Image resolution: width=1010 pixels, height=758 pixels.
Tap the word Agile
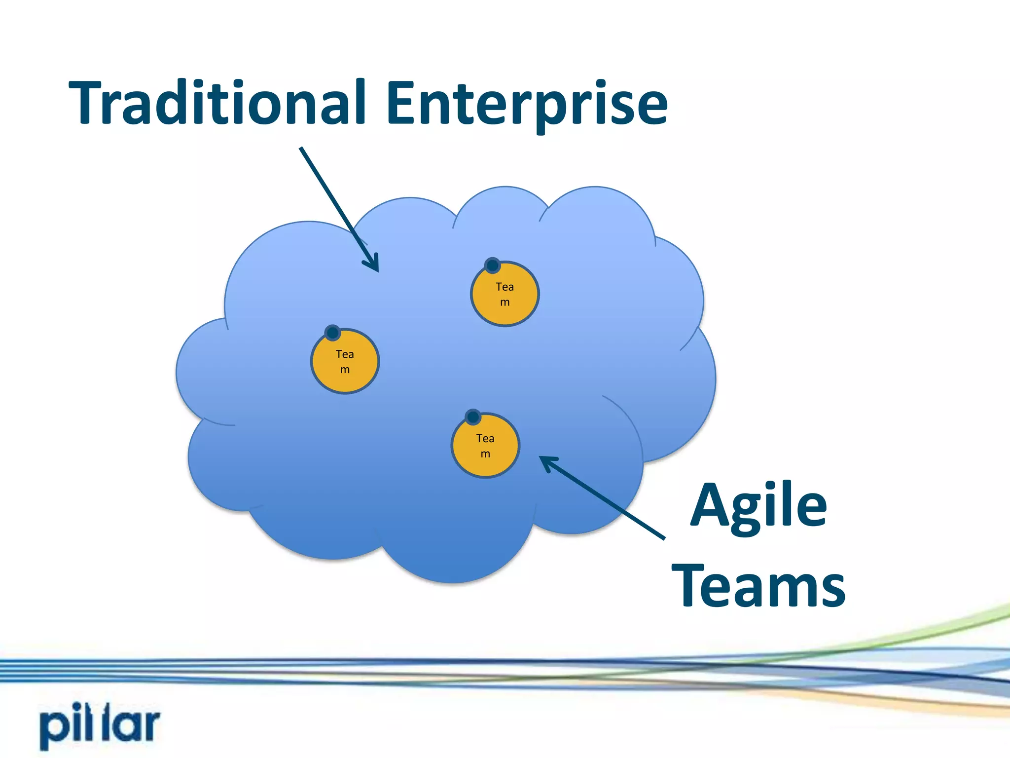pos(758,506)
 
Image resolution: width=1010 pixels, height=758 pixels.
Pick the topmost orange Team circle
pos(505,295)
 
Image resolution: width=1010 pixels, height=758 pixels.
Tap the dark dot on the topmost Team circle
pos(492,265)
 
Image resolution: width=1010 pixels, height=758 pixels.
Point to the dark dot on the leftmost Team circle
pos(333,333)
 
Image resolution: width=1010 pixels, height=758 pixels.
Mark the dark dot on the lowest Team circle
pos(473,417)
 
